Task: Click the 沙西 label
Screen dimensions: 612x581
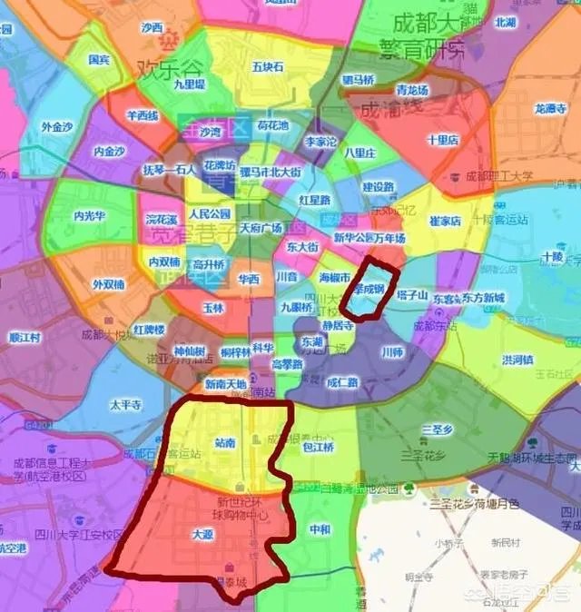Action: [x=152, y=27]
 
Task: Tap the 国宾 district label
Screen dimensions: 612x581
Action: [x=100, y=61]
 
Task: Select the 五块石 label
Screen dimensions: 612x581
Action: [x=268, y=67]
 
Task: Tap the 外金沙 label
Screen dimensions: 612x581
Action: [x=58, y=127]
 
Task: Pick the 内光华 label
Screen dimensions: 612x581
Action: [x=91, y=216]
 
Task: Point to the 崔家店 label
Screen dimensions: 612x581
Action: [x=446, y=221]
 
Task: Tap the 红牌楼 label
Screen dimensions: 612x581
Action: [x=149, y=329]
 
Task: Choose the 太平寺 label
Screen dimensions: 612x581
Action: [x=126, y=405]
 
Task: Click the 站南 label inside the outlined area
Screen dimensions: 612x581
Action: [x=224, y=443]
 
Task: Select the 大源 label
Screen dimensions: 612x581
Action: [x=202, y=536]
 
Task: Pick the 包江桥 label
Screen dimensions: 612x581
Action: [x=318, y=448]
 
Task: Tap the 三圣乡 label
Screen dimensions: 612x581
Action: [x=438, y=429]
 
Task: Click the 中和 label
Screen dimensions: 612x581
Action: [x=320, y=529]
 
